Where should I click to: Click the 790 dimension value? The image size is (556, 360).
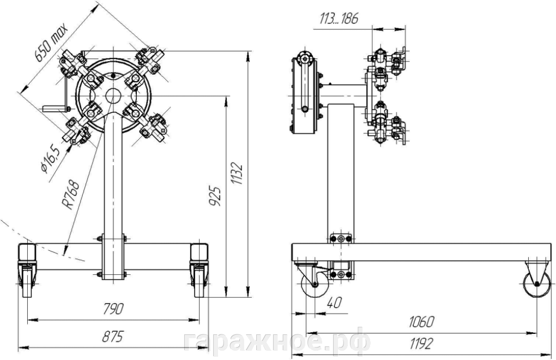[x=113, y=309]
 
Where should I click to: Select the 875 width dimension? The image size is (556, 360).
[x=112, y=336]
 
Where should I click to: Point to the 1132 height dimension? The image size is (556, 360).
[x=237, y=174]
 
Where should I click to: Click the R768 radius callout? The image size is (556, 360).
[x=70, y=195]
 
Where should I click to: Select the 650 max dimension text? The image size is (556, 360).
[x=51, y=42]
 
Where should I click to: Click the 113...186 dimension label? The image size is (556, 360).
[x=339, y=18]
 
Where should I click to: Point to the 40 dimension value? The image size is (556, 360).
[x=334, y=303]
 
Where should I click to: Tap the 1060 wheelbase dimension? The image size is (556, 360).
[x=421, y=322]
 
